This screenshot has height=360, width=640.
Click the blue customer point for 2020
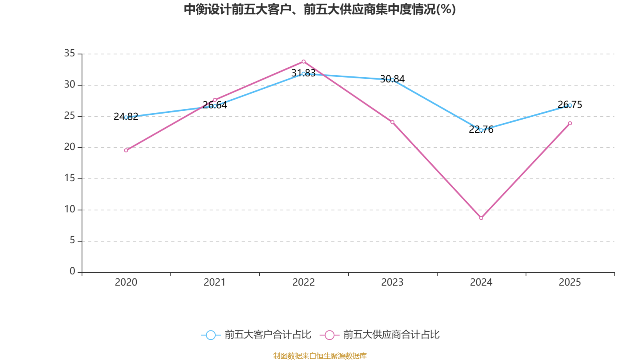pos(126,117)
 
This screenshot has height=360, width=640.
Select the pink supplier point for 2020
pos(126,150)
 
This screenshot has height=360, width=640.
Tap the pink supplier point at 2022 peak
pos(304,62)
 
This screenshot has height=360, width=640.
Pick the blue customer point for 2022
pos(304,74)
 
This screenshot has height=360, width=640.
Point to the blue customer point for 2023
pos(392,80)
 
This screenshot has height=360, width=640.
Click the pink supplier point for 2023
pos(392,122)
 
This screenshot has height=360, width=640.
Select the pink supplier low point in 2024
pos(481,218)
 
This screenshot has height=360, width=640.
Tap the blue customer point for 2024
pos(481,130)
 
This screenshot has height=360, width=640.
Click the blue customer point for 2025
pos(570,105)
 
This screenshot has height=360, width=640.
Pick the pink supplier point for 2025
pos(570,123)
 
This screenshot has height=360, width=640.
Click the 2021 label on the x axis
pos(215,282)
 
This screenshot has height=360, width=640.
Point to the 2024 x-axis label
pos(481,282)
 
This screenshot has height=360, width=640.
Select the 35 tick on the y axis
pos(70,53)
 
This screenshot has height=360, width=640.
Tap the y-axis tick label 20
pos(70,147)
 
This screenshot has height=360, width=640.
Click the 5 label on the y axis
pos(72,240)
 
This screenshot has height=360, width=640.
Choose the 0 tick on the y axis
pos(72,271)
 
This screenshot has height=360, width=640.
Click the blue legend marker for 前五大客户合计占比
pos(210,335)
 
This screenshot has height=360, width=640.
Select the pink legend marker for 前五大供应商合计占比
pos(329,335)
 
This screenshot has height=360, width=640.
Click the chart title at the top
pos(320,9)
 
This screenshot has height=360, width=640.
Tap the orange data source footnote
pos(320,356)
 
